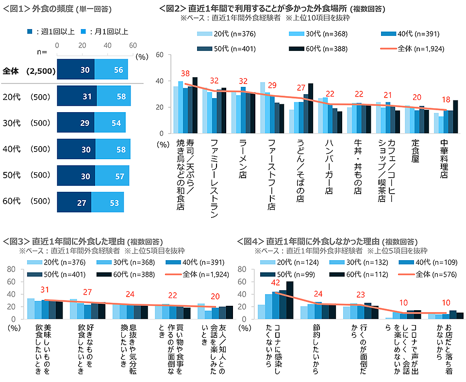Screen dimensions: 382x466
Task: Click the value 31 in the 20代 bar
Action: click(87, 97)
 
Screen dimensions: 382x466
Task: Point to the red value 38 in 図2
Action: click(185, 74)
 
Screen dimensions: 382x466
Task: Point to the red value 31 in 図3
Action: click(45, 289)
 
